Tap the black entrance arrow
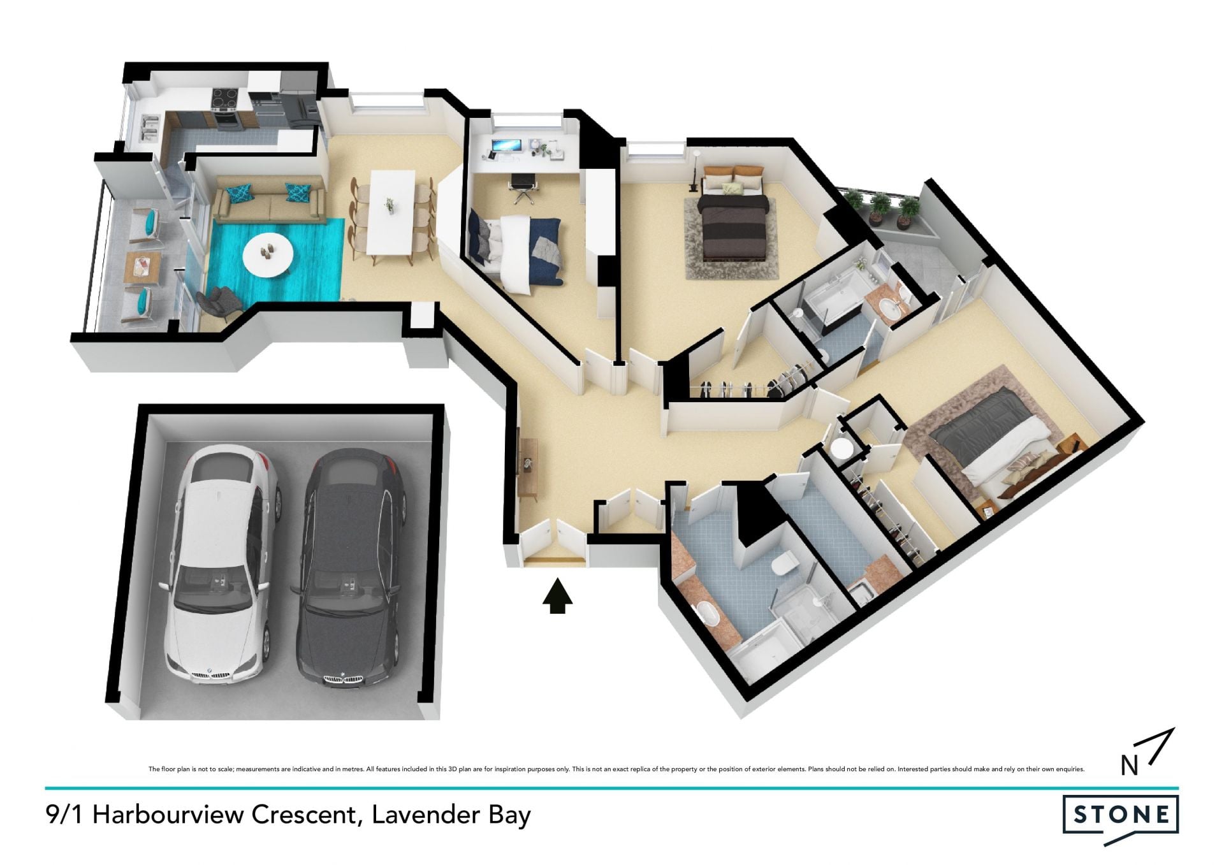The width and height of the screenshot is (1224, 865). [x=557, y=596]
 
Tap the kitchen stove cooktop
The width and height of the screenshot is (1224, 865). [x=224, y=98]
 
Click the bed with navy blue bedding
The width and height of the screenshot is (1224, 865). [x=515, y=250]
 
